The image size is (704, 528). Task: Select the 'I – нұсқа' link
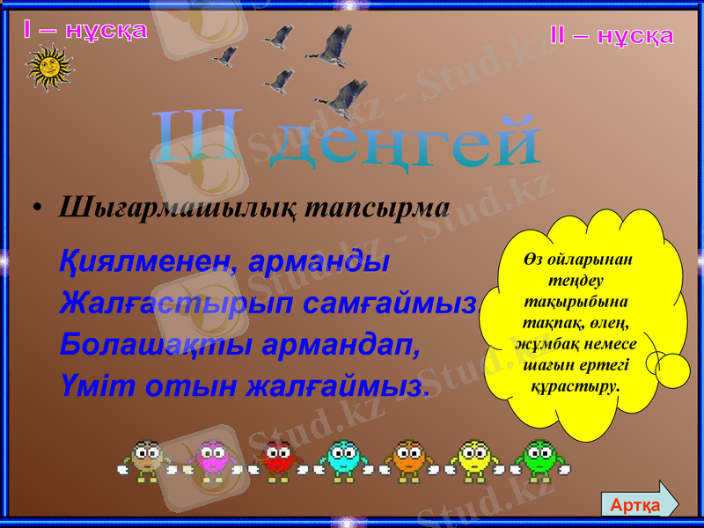pyautogui.click(x=85, y=31)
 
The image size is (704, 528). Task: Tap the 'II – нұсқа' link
pyautogui.click(x=612, y=36)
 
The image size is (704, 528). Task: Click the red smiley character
pyautogui.click(x=277, y=458)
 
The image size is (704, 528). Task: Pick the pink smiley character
pyautogui.click(x=212, y=458)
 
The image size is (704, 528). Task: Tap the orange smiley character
pyautogui.click(x=408, y=458)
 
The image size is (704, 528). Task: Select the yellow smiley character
pyautogui.click(x=474, y=458)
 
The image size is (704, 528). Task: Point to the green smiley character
pyautogui.click(x=539, y=458)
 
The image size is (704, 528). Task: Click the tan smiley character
pyautogui.click(x=146, y=458)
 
